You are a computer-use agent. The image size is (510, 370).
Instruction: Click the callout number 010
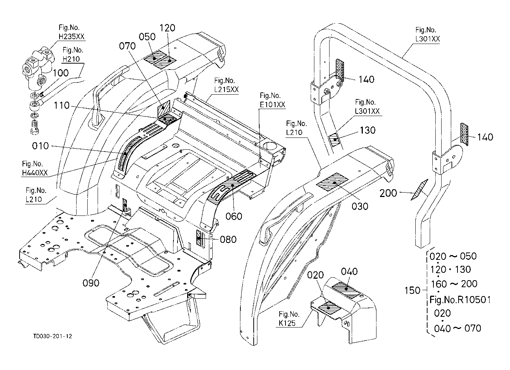(x=40, y=146)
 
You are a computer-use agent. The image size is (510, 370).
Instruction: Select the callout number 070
(x=127, y=46)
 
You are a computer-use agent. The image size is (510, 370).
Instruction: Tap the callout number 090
(x=91, y=283)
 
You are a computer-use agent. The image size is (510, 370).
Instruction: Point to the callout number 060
(x=234, y=216)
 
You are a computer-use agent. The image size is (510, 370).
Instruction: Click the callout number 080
(x=228, y=240)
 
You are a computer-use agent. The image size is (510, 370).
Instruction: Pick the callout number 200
(x=388, y=193)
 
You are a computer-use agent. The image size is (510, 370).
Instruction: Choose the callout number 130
(x=368, y=130)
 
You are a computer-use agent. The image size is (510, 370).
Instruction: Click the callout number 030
(x=360, y=206)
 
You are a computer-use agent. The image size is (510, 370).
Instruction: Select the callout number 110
(x=61, y=106)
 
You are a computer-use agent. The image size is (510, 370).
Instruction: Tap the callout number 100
(x=61, y=73)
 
